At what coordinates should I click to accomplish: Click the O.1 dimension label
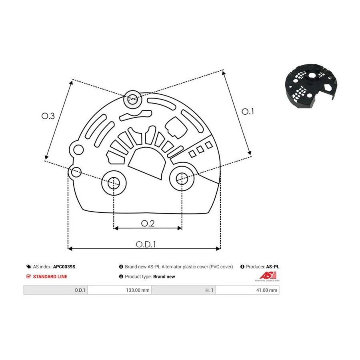point(248,112)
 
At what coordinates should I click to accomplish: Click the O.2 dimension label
point(148,223)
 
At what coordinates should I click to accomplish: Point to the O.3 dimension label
point(48,116)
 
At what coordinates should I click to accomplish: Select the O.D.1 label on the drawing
point(146,244)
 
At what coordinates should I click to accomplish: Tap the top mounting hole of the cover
point(133,99)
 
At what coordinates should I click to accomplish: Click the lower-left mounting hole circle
point(114,183)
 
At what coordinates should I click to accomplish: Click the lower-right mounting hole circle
point(182,178)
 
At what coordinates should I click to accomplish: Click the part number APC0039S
point(64,267)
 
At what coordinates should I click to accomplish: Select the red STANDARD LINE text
point(50,277)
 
